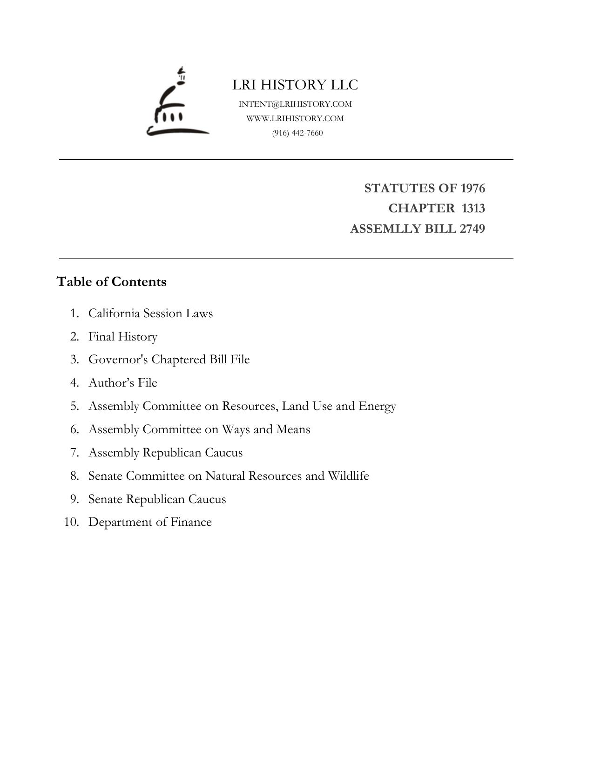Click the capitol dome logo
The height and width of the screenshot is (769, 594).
(x=177, y=102)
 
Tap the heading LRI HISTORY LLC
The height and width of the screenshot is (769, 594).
(x=295, y=85)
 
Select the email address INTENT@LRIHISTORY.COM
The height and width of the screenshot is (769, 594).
(x=295, y=104)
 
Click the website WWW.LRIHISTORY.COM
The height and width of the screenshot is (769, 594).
(x=295, y=118)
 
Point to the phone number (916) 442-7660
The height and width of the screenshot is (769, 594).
(x=297, y=133)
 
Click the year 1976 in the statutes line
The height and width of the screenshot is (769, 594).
(x=472, y=188)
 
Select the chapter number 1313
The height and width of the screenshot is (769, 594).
(x=473, y=208)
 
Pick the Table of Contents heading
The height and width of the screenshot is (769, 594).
(x=111, y=282)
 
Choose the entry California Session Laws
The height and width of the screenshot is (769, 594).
(x=150, y=313)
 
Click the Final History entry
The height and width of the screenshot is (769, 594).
(x=123, y=336)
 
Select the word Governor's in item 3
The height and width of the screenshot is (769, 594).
(x=118, y=360)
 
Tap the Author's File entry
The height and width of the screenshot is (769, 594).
(x=123, y=382)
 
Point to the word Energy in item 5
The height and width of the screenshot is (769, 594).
(x=377, y=406)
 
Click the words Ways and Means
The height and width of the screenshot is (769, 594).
(x=266, y=429)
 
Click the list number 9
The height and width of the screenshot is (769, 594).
(x=75, y=499)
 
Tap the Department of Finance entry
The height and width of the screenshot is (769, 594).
(x=150, y=522)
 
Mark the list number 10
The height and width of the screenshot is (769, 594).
(x=72, y=522)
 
